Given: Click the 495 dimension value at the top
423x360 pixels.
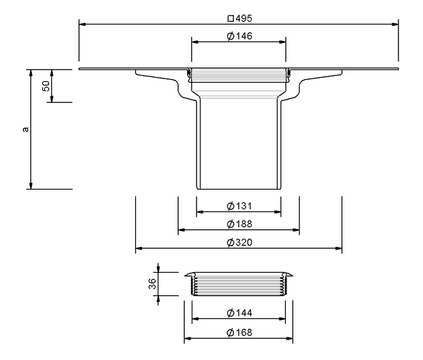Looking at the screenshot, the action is point(244,18).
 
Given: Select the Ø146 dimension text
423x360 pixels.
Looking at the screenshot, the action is point(239,36).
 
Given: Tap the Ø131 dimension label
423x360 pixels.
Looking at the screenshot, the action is point(239,206).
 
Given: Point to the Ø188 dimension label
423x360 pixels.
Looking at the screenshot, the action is point(239,224).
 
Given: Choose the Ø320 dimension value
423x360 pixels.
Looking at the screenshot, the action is point(239,243).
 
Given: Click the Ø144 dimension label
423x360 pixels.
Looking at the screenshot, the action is point(239,313).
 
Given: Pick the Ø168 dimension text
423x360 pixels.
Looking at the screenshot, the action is point(239,332).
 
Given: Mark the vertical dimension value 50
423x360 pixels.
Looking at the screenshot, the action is point(46,86).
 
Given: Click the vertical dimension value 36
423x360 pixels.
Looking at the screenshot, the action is point(152,284).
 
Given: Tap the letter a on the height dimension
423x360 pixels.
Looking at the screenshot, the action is point(26,130).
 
